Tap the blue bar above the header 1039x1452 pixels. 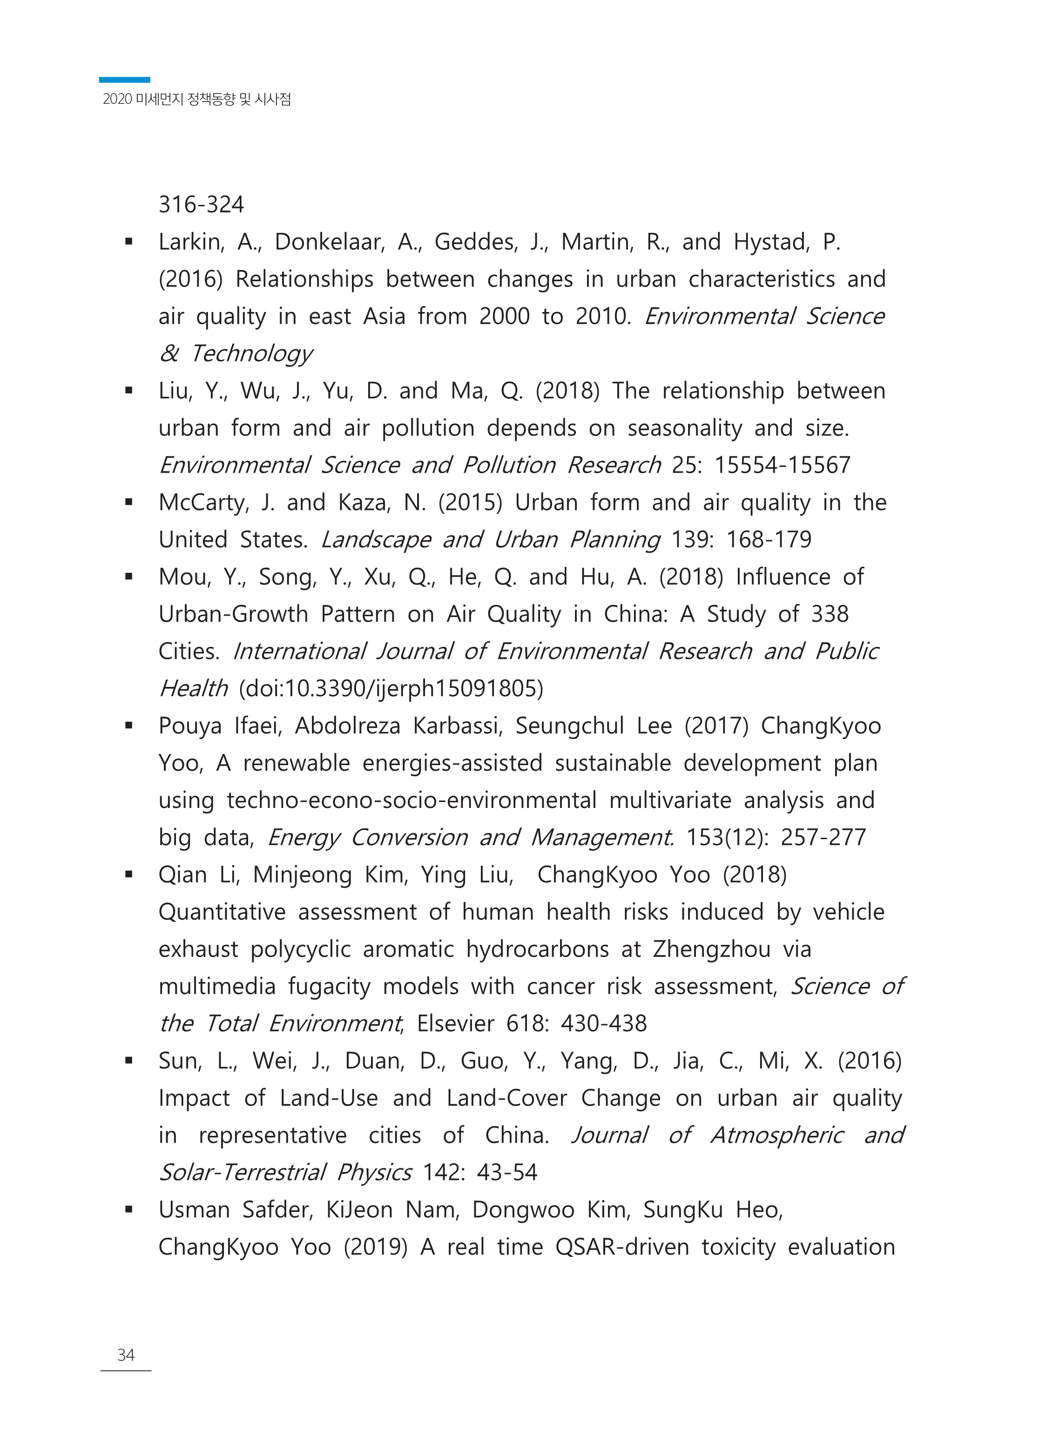point(124,80)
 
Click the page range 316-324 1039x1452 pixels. point(201,205)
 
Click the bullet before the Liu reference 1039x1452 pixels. point(128,390)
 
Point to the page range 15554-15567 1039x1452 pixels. point(782,465)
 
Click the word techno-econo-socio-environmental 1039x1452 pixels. point(412,801)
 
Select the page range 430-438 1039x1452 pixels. point(603,1024)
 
